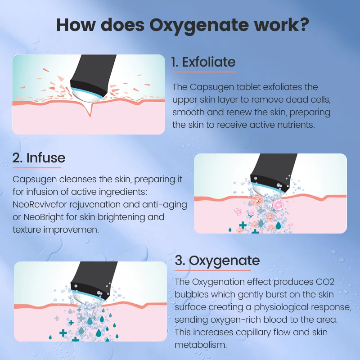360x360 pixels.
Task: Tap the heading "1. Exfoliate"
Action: point(203,62)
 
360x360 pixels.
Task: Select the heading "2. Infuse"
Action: point(39,157)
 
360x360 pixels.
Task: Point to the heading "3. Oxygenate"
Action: point(217,260)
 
